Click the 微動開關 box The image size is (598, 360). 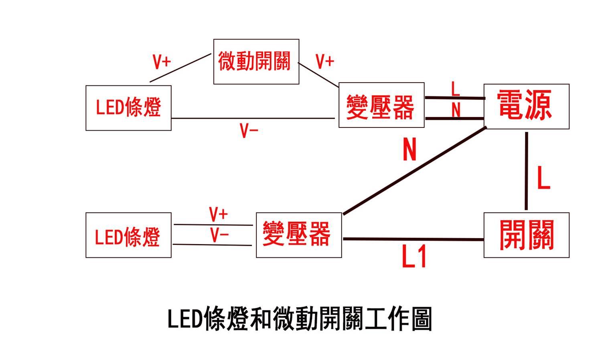point(256,61)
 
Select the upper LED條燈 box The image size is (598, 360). point(128,107)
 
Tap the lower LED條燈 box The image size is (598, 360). point(128,235)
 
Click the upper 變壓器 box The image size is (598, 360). point(381,105)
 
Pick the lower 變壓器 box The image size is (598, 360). point(298,235)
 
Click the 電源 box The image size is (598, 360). point(526,106)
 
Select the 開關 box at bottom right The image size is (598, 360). point(526,235)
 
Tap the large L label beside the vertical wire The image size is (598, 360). point(543,178)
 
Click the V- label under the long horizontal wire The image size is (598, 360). point(249,131)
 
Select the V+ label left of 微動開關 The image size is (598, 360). point(162,62)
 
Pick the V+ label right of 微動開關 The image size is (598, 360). point(324,62)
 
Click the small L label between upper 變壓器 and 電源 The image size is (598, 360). point(455,89)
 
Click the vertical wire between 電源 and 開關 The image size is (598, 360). point(526,171)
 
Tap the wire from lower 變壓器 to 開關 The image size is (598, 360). point(413,239)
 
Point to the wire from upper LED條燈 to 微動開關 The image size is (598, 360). point(180,68)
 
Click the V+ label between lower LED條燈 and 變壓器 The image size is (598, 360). point(219,214)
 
